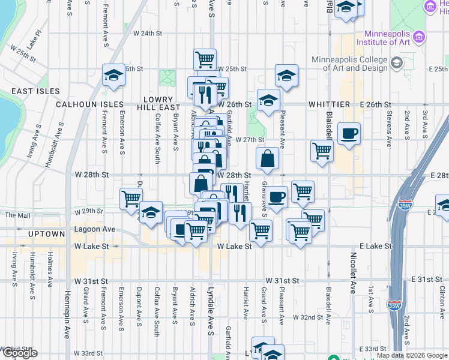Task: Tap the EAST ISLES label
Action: point(35,91)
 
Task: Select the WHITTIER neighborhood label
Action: point(329,104)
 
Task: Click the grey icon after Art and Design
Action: point(397,63)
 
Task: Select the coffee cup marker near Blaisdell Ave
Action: point(348,134)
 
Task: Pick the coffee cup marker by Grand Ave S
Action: point(277,197)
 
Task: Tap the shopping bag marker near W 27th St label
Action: point(268,158)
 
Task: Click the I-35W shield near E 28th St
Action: point(405,205)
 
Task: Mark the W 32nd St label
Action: point(308,316)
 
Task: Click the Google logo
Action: point(19,353)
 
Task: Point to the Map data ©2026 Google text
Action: point(412,356)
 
